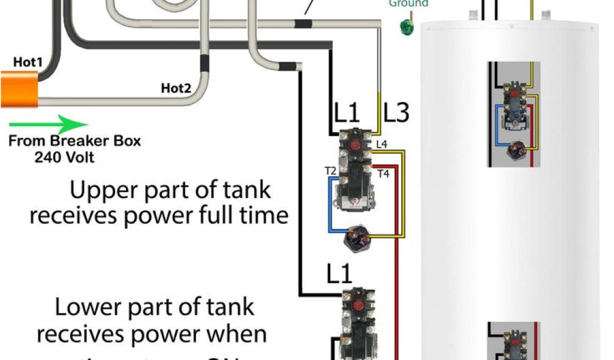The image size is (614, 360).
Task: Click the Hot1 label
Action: [x=28, y=61]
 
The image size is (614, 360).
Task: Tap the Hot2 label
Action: [x=176, y=89]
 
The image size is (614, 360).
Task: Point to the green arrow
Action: [x=48, y=125]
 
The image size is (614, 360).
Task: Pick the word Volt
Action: [x=80, y=158]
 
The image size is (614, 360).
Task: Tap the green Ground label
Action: [x=408, y=4]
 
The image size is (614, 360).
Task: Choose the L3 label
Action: [x=396, y=112]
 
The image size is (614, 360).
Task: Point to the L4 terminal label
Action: [x=381, y=144]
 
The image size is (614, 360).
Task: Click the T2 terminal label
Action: [x=330, y=171]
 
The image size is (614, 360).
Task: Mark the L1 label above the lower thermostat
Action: [x=339, y=274]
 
